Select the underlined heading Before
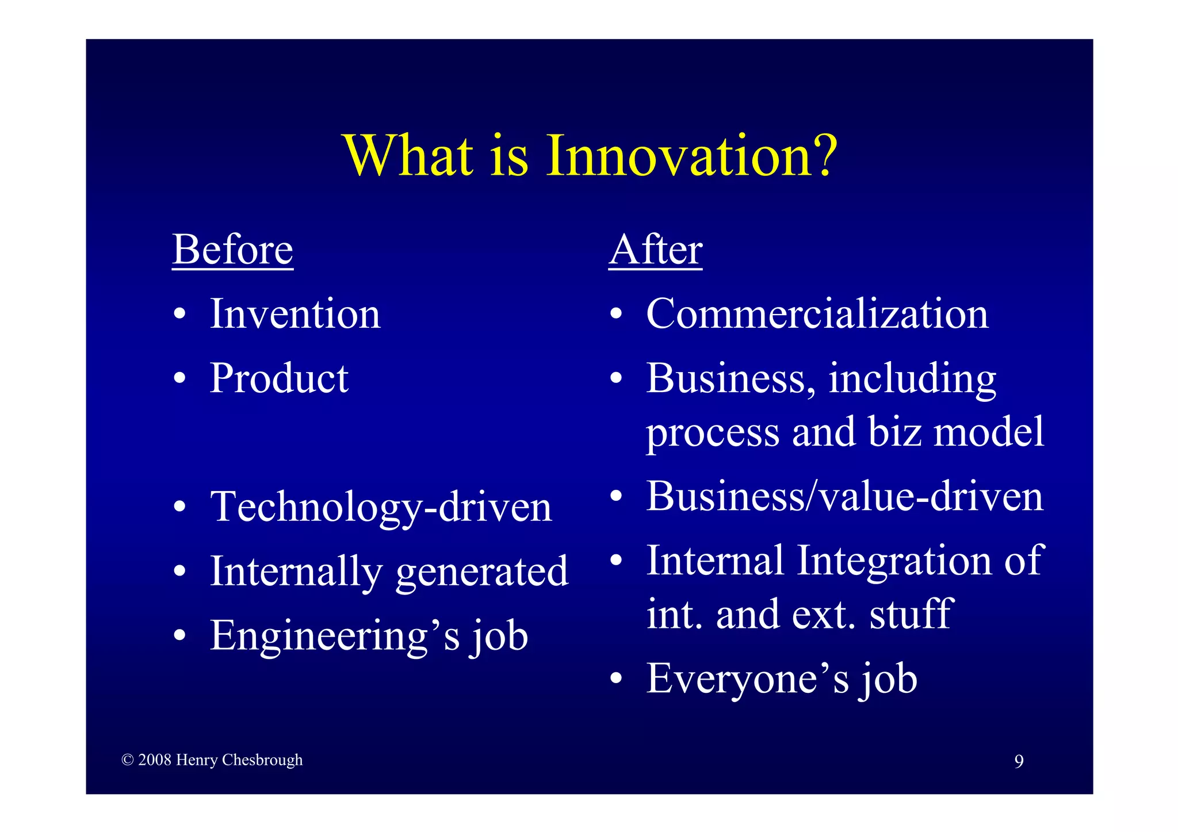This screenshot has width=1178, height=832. [x=232, y=251]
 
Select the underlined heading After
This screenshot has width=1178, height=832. [x=655, y=251]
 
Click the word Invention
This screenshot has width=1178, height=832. [x=295, y=315]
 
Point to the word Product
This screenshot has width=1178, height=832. [x=279, y=379]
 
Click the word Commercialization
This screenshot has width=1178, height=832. [x=817, y=315]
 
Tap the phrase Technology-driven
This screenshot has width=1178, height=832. [x=381, y=508]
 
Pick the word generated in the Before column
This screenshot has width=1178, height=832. [x=482, y=572]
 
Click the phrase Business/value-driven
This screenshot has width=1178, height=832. [x=844, y=497]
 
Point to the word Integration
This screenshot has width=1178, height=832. [x=894, y=561]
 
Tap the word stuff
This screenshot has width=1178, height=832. [x=911, y=615]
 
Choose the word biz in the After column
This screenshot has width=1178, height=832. [x=894, y=432]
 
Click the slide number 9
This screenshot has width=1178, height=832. [x=1019, y=762]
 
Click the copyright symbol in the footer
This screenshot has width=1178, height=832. [x=128, y=760]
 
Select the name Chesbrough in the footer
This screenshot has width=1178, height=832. [x=262, y=760]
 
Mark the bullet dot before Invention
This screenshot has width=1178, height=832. [x=180, y=315]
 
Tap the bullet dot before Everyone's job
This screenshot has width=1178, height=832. [x=616, y=679]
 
